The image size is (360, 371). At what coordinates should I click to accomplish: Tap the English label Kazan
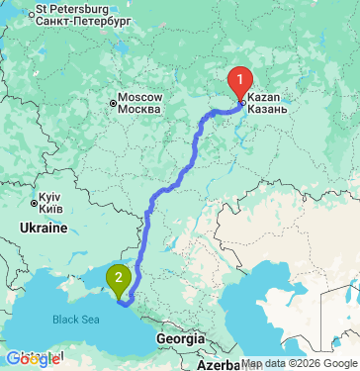[x=263, y=97]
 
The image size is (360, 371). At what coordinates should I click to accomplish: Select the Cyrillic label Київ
[x=52, y=209]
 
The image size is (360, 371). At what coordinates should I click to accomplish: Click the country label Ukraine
[x=42, y=228]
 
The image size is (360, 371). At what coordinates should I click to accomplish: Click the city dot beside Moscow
[x=113, y=99]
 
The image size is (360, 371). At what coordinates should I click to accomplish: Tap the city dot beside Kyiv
[x=35, y=204]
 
